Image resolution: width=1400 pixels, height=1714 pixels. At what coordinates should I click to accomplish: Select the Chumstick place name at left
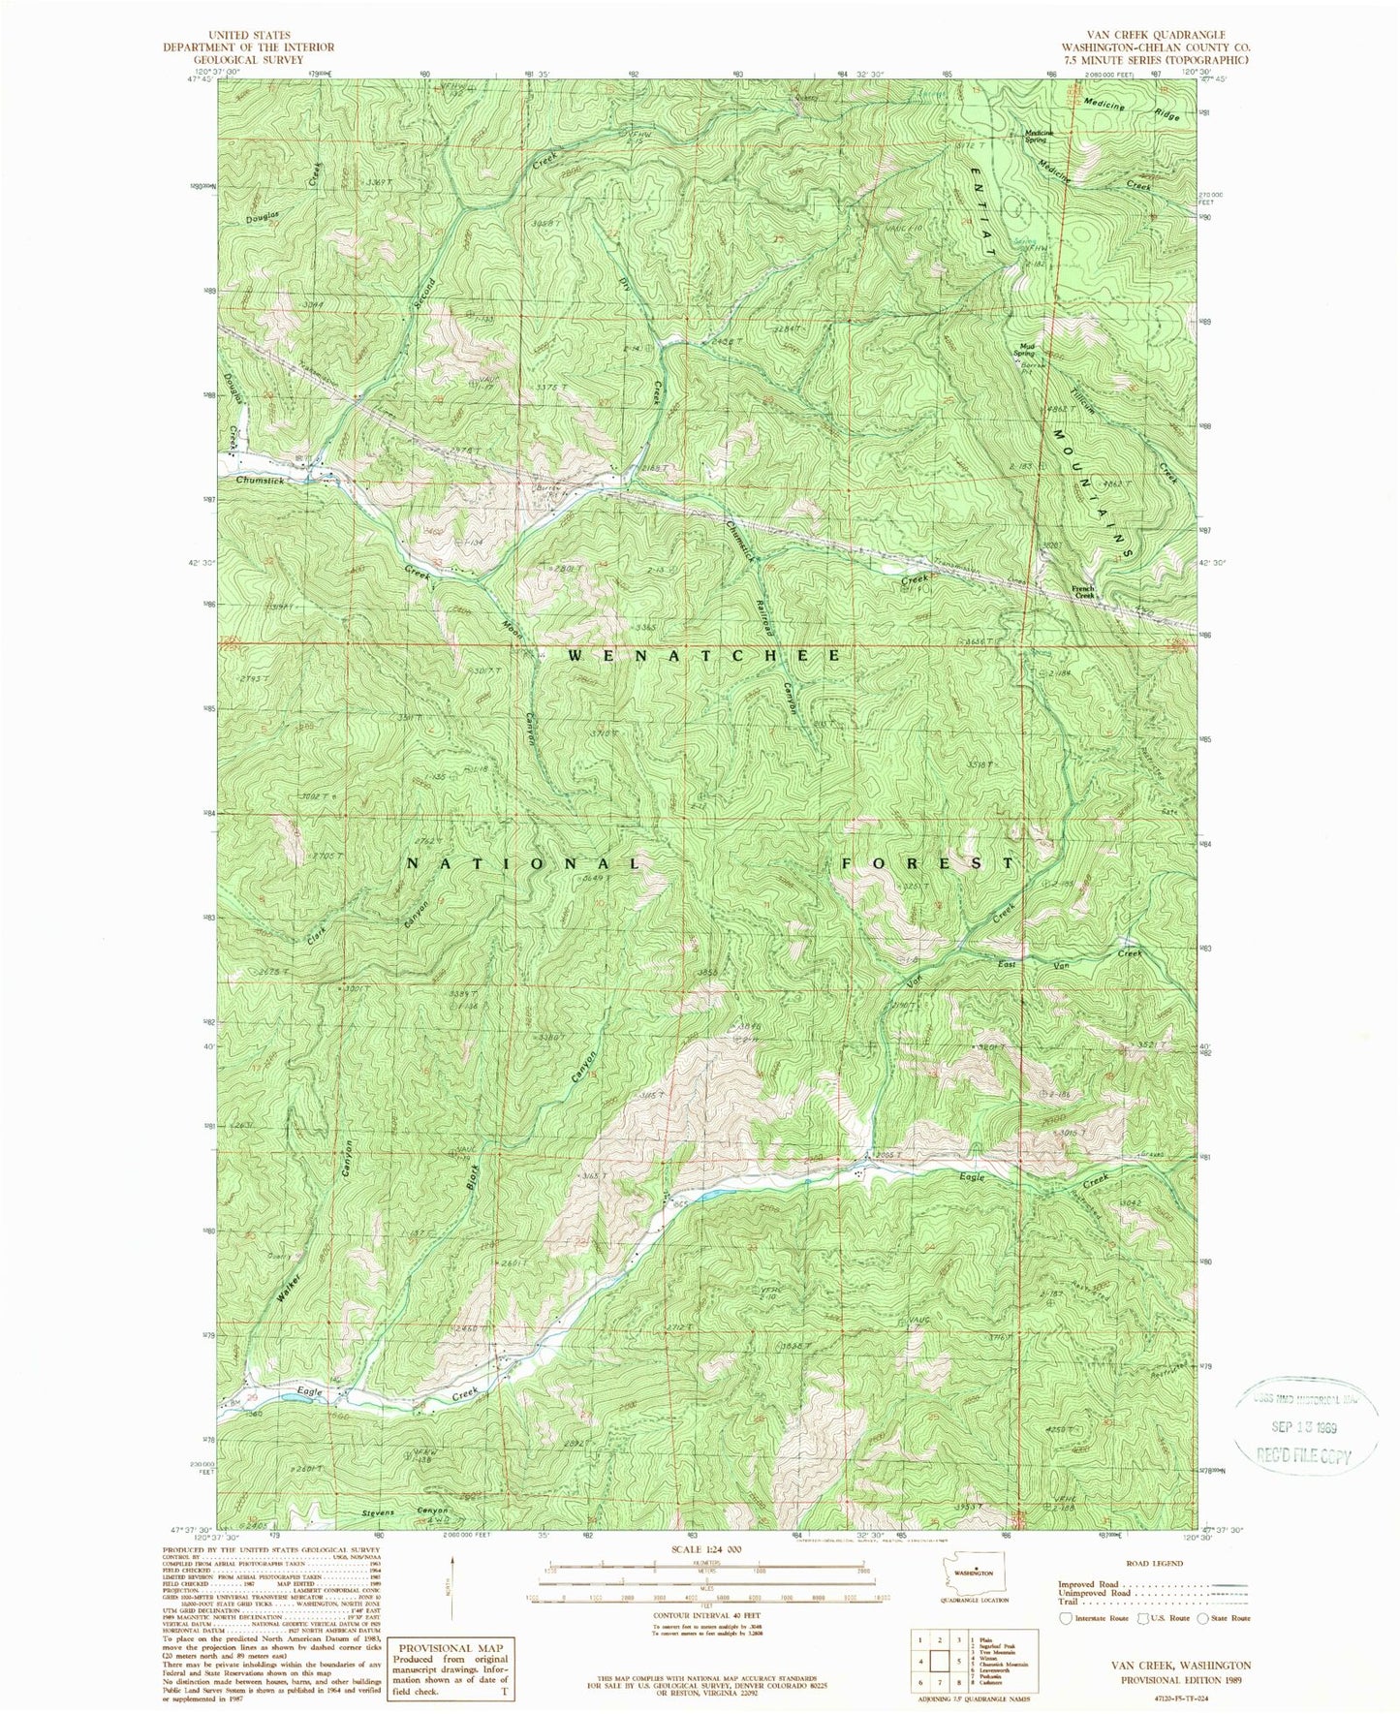(x=263, y=479)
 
